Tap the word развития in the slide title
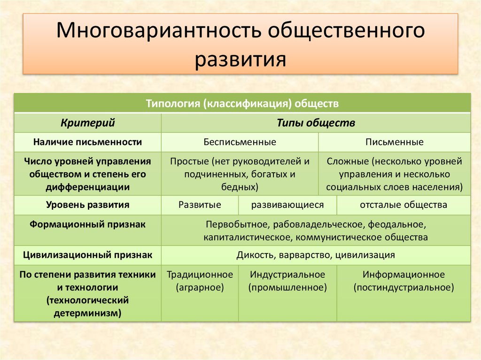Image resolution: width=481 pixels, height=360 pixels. pyautogui.click(x=240, y=60)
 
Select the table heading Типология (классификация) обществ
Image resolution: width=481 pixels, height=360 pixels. pyautogui.click(x=242, y=103)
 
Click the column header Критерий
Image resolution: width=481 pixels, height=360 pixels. pyautogui.click(x=88, y=123)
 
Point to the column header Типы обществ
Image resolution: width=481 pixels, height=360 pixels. pyautogui.click(x=316, y=123)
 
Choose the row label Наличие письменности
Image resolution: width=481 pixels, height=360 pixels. pyautogui.click(x=88, y=142)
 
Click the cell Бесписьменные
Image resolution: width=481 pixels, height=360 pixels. pyautogui.click(x=240, y=142)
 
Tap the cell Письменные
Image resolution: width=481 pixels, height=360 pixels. pyautogui.click(x=394, y=142)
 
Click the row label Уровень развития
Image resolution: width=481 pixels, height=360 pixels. pyautogui.click(x=88, y=205)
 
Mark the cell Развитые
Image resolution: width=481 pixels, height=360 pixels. pyautogui.click(x=200, y=205)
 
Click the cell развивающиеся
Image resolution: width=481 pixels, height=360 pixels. pyautogui.click(x=287, y=205)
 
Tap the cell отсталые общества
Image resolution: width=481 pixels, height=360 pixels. pyautogui.click(x=403, y=205)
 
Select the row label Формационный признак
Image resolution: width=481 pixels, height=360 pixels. pyautogui.click(x=88, y=224)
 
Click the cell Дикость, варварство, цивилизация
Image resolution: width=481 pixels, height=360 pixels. pyautogui.click(x=316, y=255)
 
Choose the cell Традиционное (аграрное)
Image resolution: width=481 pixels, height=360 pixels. pyautogui.click(x=200, y=281)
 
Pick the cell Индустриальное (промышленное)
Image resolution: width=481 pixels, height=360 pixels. pyautogui.click(x=287, y=281)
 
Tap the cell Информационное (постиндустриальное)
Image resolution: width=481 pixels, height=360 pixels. pyautogui.click(x=403, y=281)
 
